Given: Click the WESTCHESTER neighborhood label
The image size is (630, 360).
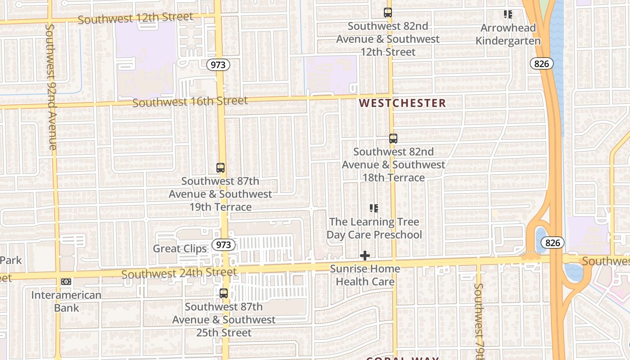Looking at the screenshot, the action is pos(402,103).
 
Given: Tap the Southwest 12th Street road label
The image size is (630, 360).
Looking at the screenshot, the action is pos(135,18).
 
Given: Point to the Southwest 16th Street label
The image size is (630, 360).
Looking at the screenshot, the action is pos(190,102).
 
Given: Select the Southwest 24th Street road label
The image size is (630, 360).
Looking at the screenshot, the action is pos(179,273).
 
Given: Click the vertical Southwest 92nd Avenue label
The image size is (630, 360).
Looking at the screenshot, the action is pos(51,87).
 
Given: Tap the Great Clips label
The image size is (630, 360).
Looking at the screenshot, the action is pos(180,248).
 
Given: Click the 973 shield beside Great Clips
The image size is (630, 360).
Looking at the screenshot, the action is pos(223,245).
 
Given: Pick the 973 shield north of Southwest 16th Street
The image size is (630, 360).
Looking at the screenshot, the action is pos(218,65).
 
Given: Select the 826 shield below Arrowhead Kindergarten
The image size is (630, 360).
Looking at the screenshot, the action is pos(541,64).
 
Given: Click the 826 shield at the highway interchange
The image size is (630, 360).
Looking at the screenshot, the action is pos(553,243).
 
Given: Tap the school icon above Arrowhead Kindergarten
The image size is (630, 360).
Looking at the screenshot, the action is pos(508,14).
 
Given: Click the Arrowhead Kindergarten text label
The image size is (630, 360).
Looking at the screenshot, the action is pos(508,35).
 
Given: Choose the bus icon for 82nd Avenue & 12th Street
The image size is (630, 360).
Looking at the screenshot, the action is pos(388,13).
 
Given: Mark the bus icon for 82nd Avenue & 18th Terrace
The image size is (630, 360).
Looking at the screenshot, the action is pos(393,139).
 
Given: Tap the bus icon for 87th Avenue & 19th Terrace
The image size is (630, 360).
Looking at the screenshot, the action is pos(220,168).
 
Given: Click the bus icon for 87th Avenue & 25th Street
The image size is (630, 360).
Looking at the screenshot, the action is pos(224,293).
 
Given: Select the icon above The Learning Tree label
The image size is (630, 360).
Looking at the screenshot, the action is pos(374,208).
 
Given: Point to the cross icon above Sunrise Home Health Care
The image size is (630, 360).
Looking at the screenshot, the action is pos(365,256).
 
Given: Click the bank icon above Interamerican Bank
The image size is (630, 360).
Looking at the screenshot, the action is pos(66,282).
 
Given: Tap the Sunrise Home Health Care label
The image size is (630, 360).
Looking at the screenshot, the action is pos(365,275).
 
